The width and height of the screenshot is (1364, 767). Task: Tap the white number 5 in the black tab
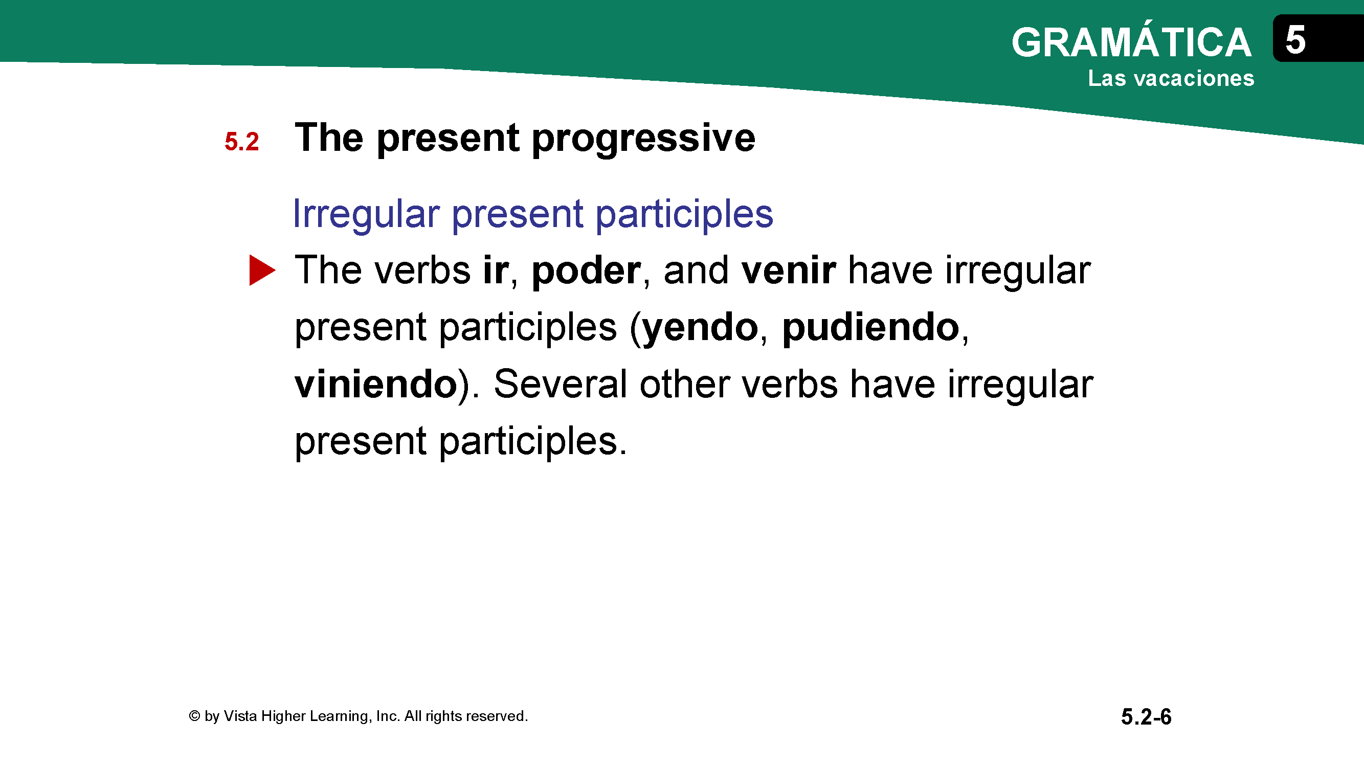pos(1295,40)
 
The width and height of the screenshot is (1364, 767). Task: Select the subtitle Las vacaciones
pos(1171,78)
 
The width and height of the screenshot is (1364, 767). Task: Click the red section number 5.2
pos(241,141)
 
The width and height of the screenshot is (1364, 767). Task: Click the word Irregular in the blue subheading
pos(366,215)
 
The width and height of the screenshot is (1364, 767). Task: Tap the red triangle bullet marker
pos(262,270)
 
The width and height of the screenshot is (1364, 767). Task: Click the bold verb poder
pos(586,271)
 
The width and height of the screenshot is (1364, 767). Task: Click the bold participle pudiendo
pos(871,328)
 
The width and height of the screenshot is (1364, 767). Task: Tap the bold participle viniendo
pos(376,384)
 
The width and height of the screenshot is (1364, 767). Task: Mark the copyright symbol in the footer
pos(194,716)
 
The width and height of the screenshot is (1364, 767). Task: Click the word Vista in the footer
pos(240,716)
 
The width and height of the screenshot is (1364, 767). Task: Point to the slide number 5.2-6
pos(1146,717)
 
